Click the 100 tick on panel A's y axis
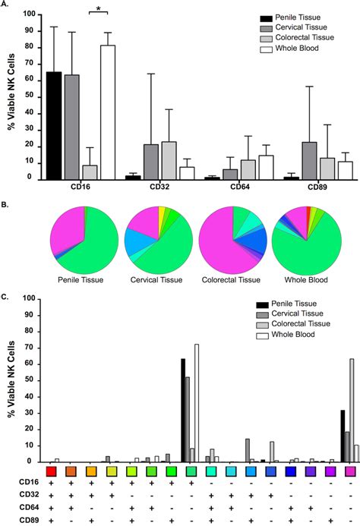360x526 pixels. tap(30, 14)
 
